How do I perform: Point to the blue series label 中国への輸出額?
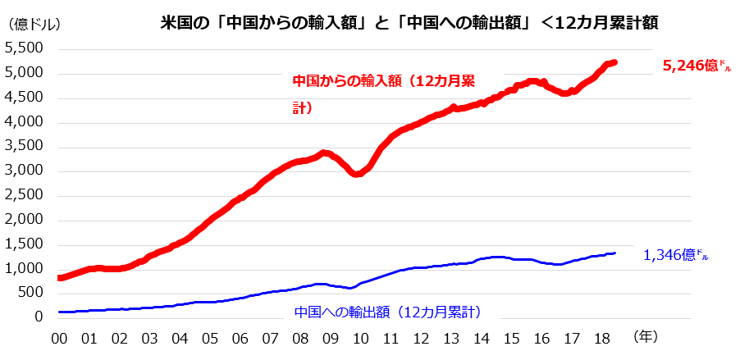pyautogui.click(x=386, y=312)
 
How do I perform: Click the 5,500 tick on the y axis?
pyautogui.click(x=25, y=48)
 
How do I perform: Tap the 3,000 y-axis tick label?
pyautogui.click(x=25, y=171)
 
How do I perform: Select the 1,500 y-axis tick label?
pyautogui.click(x=25, y=244)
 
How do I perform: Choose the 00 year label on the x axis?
pyautogui.click(x=59, y=337)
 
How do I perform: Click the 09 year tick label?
pyautogui.click(x=331, y=337)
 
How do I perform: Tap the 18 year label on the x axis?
pyautogui.click(x=602, y=337)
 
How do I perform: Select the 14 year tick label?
pyautogui.click(x=482, y=337)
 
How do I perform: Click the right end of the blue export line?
pyautogui.click(x=615, y=253)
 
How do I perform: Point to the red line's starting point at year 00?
pyautogui.click(x=60, y=278)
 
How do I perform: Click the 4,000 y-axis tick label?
pyautogui.click(x=25, y=122)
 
